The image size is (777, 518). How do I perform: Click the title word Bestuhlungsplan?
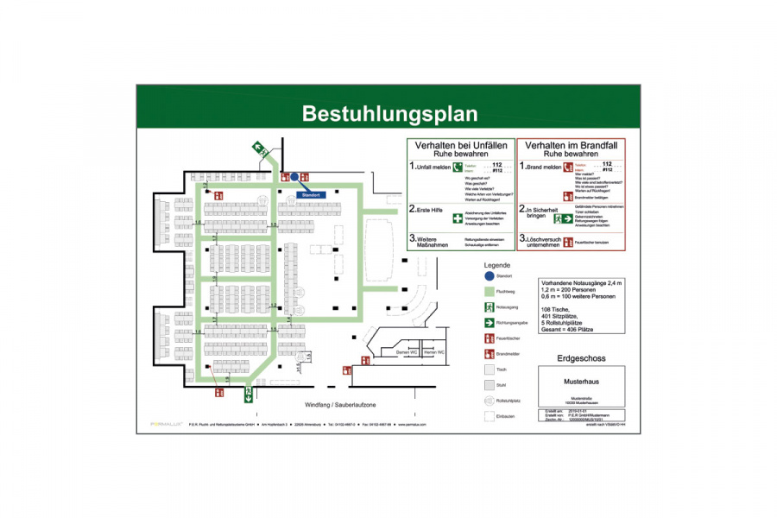(x=388, y=113)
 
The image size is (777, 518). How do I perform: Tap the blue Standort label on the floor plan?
(x=310, y=195)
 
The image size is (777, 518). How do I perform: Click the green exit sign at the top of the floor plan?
(x=258, y=148)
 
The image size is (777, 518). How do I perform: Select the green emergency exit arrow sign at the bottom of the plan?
(x=248, y=395)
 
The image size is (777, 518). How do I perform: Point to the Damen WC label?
(x=383, y=352)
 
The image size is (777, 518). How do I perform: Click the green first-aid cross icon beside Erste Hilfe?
(x=457, y=220)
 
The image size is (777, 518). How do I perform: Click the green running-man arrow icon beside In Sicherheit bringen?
(x=568, y=219)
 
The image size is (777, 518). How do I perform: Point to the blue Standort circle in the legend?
(x=489, y=276)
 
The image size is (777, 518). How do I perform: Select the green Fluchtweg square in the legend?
(x=489, y=292)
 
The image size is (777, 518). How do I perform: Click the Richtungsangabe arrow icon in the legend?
(x=489, y=323)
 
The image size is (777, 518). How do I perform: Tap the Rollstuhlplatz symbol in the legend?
(x=489, y=401)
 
